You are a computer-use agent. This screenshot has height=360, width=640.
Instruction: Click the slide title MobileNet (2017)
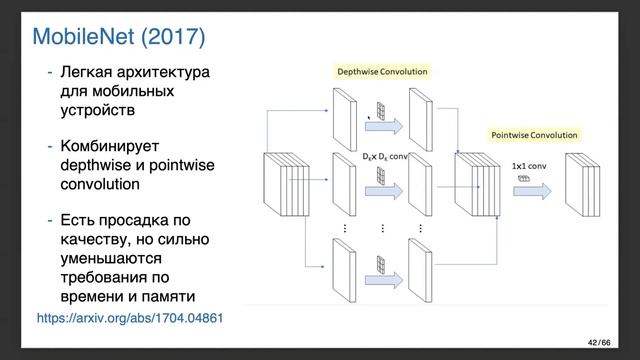click(x=119, y=37)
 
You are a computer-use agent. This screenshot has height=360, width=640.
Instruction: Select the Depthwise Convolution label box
click(x=383, y=72)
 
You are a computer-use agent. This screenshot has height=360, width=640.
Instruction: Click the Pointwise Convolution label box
click(x=535, y=134)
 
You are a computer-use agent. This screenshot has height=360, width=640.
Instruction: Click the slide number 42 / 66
click(x=599, y=344)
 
